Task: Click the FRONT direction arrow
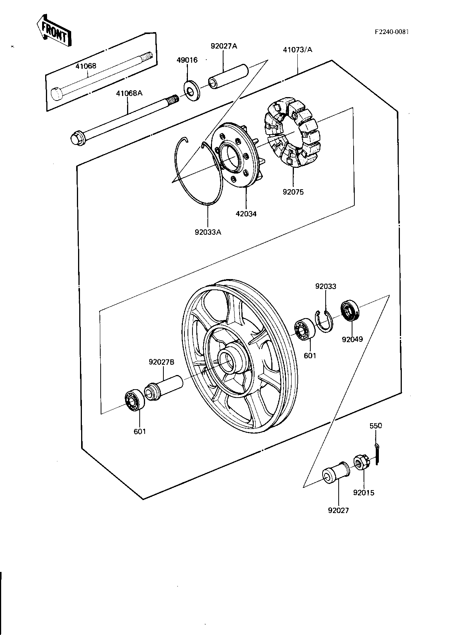click(x=54, y=31)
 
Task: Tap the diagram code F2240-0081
click(x=391, y=32)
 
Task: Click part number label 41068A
click(x=129, y=93)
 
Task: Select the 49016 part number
click(x=187, y=60)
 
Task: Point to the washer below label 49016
click(x=192, y=91)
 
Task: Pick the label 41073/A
click(x=297, y=50)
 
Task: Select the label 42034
click(x=246, y=214)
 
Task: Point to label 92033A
click(x=208, y=232)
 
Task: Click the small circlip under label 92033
click(x=325, y=321)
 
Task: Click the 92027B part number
click(x=161, y=362)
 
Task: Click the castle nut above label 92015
click(x=361, y=463)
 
